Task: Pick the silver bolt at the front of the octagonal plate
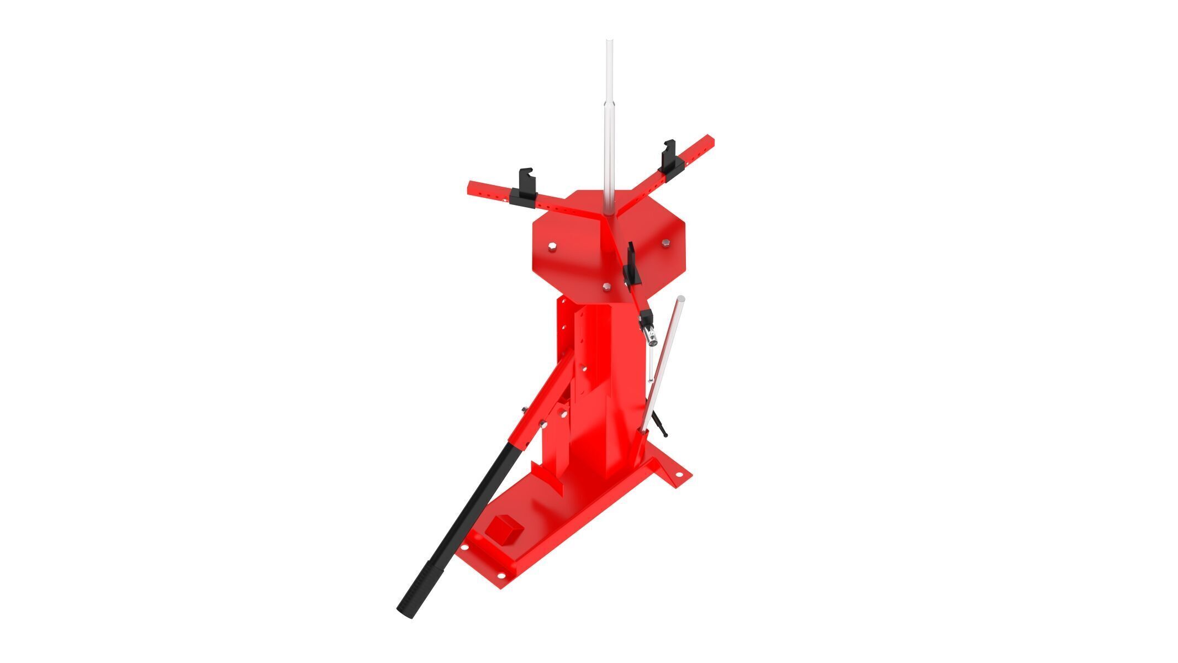(607, 286)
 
